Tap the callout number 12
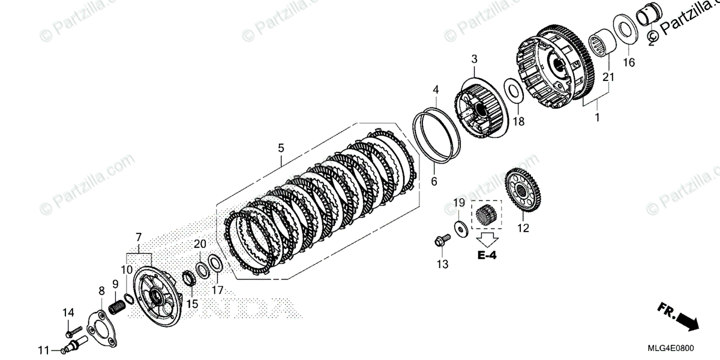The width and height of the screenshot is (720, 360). click(x=523, y=228)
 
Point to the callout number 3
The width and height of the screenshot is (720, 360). click(x=474, y=59)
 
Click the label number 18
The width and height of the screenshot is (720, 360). click(x=518, y=121)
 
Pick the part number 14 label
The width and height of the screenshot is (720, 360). click(x=68, y=311)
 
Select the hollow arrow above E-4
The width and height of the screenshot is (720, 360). click(x=487, y=239)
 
